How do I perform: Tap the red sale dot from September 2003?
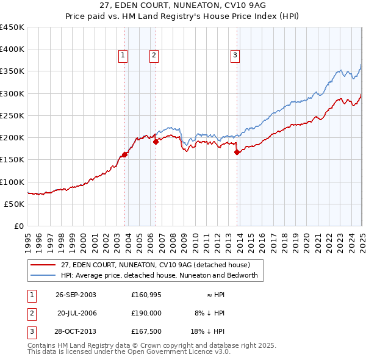124,154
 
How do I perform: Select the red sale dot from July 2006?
156,142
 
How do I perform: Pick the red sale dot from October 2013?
237,153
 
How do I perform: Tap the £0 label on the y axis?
20,226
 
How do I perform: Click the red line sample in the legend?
43,265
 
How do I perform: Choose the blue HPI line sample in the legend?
43,275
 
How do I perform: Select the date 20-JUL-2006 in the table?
76,313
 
